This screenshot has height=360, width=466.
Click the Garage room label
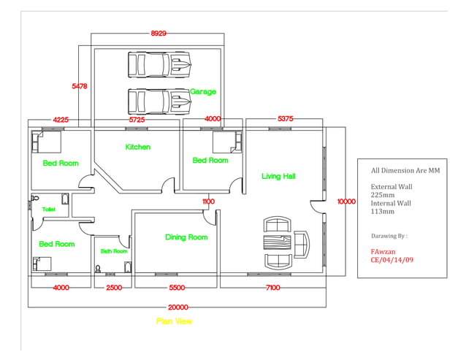[202, 92]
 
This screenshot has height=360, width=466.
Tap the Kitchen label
[137, 147]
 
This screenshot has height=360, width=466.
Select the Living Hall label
[278, 176]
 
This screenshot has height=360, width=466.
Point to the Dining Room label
[186, 237]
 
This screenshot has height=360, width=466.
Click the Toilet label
[49, 210]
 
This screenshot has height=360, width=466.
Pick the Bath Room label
[114, 251]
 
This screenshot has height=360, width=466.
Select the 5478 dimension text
[80, 86]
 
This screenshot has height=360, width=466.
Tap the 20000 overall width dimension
[177, 307]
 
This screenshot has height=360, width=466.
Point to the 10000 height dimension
[346, 202]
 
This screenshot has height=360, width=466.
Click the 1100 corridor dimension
[208, 202]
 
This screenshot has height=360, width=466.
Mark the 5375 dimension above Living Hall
[286, 118]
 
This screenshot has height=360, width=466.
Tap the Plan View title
[175, 321]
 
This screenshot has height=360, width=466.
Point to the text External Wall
[391, 187]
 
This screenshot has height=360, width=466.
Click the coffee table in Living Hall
[277, 242]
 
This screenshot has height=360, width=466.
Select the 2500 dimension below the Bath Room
[113, 288]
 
